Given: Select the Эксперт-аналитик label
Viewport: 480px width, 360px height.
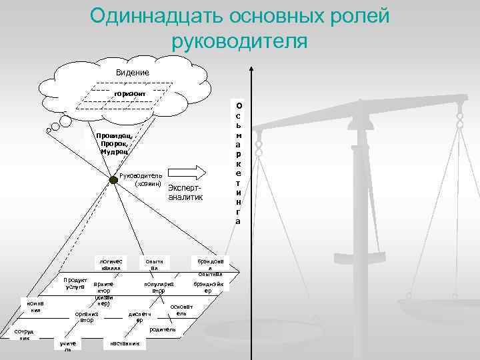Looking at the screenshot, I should click(x=185, y=193).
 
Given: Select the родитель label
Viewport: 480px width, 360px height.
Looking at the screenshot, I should click(x=163, y=329).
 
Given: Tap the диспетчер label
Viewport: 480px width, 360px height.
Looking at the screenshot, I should click(x=139, y=317).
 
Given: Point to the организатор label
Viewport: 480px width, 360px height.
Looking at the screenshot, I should click(x=87, y=317).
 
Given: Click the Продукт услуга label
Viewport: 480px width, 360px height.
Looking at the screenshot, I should click(x=71, y=283).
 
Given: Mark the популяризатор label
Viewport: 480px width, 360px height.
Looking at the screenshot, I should click(x=159, y=287).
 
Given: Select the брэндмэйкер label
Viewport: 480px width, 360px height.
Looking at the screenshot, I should click(x=208, y=287).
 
